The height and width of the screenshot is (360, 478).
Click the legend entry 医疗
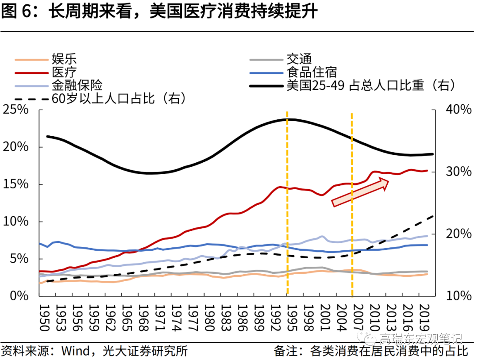(x=64, y=72)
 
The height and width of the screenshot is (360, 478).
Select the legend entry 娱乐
(x=64, y=59)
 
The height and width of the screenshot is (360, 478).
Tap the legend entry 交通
(x=299, y=59)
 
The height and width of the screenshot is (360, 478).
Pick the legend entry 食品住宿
(x=312, y=72)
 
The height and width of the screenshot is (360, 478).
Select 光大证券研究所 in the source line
(x=145, y=352)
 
